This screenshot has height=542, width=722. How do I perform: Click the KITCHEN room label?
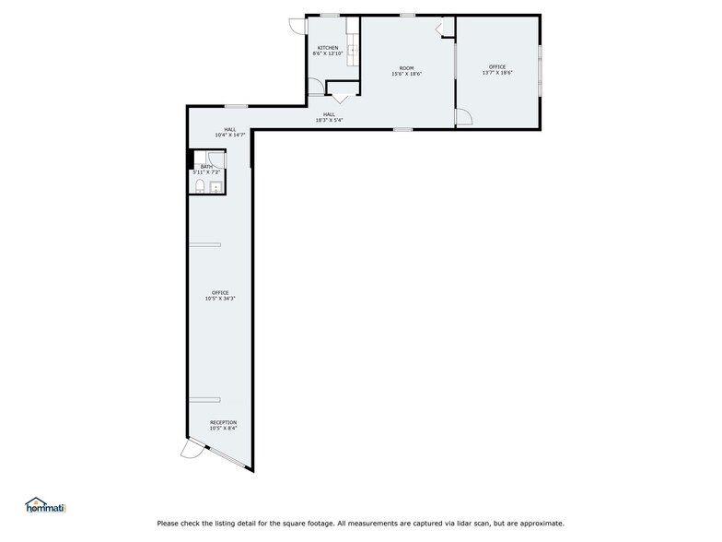328,48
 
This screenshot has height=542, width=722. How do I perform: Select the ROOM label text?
406,67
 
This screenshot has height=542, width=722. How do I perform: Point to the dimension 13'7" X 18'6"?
497,73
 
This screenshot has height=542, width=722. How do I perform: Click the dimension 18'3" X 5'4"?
329,120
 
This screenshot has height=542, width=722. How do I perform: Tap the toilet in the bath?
200,188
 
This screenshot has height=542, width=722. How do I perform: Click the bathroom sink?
216,188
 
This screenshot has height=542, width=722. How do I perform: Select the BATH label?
206,167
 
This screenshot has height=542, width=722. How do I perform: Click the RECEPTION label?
223,422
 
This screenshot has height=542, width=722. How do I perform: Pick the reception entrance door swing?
192,449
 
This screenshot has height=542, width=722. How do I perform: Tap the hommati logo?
44,505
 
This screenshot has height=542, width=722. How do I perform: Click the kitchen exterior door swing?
297,27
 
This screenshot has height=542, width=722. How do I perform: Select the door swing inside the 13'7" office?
464,117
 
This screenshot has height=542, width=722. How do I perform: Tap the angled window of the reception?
227,460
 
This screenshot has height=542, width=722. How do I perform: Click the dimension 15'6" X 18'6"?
406,74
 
